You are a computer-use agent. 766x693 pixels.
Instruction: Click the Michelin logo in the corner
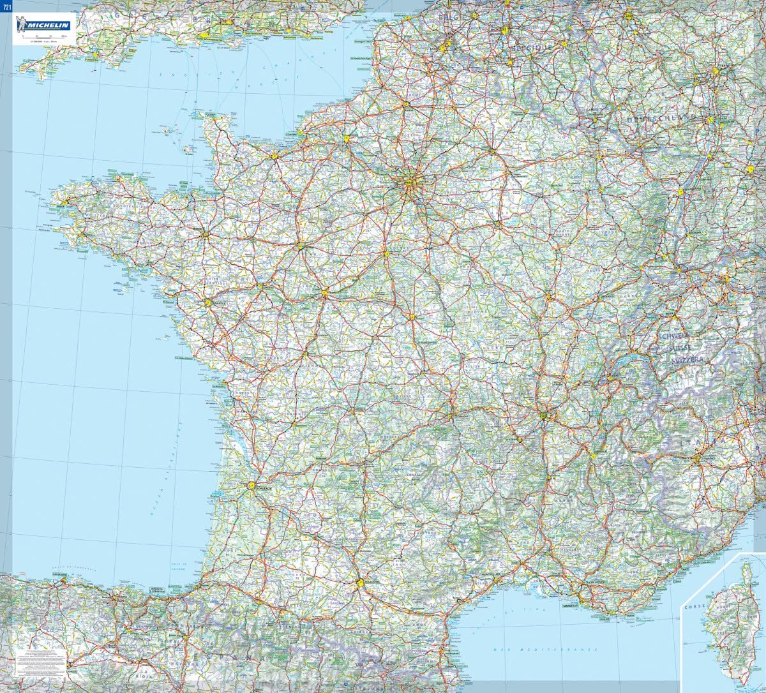coord(45,24)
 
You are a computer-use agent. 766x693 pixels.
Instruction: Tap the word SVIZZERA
coord(687,360)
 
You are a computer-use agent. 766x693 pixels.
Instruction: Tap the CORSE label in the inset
coord(695,606)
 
